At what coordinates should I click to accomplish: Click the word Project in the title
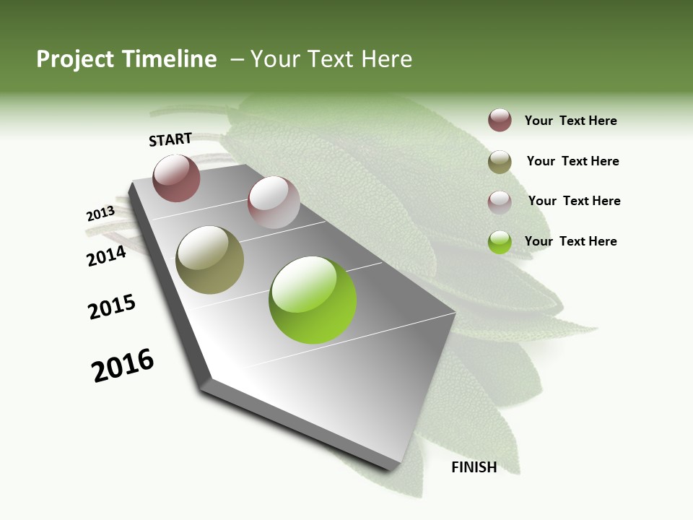coord(74,59)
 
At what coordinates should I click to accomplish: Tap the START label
coord(170,139)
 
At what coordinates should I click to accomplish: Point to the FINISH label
coord(474,467)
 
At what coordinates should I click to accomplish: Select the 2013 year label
coord(100,214)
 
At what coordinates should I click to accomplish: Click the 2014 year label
coord(107,256)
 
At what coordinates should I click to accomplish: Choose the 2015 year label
coord(112,307)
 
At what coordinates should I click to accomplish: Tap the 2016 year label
coord(123,365)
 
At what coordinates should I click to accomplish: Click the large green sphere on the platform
coord(313,300)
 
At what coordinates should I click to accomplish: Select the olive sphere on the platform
coord(210,260)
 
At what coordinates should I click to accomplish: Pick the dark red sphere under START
coord(176,178)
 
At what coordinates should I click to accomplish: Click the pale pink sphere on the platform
coord(274,202)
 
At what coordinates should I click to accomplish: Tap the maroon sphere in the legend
coord(500,120)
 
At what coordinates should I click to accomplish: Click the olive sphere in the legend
coord(500,162)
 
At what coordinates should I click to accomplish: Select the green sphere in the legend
coord(500,242)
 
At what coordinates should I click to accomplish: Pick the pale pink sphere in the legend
coord(500,201)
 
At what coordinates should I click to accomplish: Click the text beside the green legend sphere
coord(571,241)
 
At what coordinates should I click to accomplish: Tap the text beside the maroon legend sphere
coord(571,121)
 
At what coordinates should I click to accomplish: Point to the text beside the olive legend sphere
coord(573,161)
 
